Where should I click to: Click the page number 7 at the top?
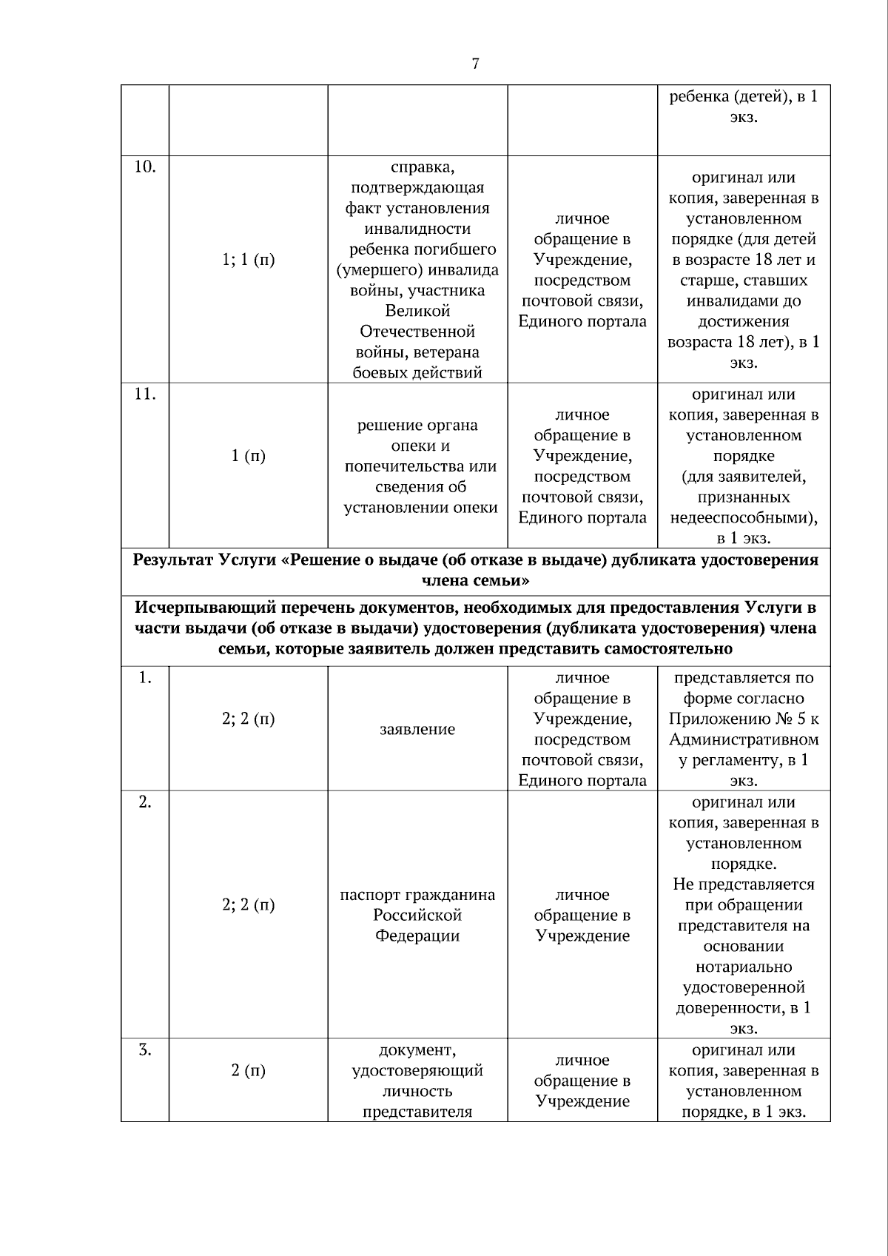point(475,64)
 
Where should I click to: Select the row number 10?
point(144,167)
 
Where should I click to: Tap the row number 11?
point(144,394)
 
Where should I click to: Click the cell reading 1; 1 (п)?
point(248,260)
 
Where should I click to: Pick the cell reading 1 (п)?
point(248,456)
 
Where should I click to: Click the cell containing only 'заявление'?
point(417,730)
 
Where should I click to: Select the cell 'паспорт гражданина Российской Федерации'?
point(417,915)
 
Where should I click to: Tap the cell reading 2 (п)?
point(248,1070)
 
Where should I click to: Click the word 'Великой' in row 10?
point(417,311)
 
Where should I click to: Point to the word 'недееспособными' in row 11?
point(742,518)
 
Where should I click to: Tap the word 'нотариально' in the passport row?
point(744,967)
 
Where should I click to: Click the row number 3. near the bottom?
point(144,1050)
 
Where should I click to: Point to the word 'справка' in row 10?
point(417,167)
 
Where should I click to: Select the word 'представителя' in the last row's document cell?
point(417,1112)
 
